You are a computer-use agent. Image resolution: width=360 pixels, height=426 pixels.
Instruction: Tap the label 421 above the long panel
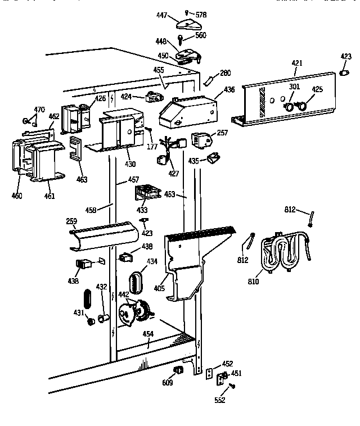click(x=296, y=64)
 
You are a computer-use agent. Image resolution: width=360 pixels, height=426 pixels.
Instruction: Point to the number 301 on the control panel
click(x=294, y=87)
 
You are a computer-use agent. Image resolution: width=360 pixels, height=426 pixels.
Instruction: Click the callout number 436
click(x=229, y=89)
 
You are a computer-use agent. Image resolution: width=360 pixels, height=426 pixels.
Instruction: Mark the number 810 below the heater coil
click(x=253, y=281)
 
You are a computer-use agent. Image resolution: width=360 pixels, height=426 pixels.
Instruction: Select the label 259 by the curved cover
click(x=71, y=222)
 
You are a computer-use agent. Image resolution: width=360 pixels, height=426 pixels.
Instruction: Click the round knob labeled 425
click(x=303, y=105)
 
